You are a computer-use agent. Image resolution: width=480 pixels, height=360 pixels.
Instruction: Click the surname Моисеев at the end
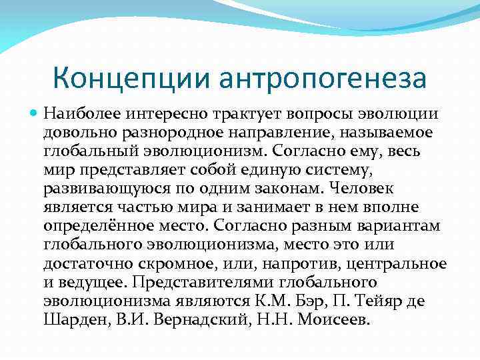[x=332, y=320]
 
